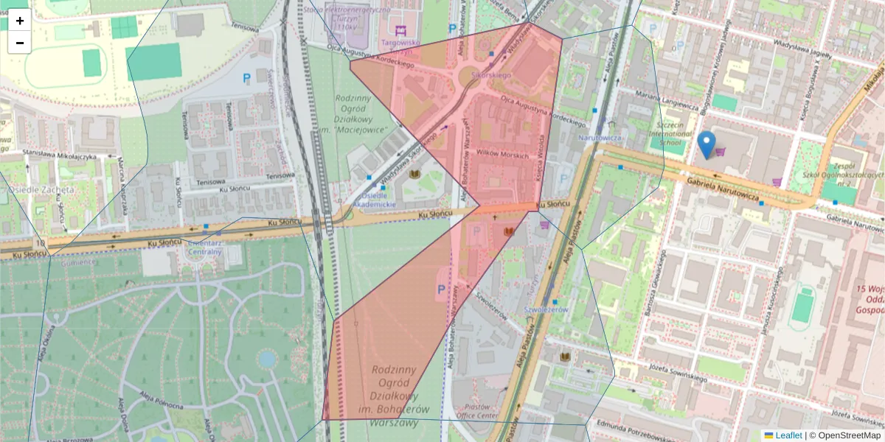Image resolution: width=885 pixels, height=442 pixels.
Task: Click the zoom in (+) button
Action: point(19,21)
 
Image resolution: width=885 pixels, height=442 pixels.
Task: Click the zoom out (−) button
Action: point(19,43)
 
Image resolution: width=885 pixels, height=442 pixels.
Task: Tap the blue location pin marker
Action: point(707,144)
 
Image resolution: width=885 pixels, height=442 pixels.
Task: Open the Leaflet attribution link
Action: point(788,435)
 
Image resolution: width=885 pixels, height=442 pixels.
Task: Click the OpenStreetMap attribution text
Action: point(850,435)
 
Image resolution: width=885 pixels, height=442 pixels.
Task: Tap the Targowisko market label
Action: point(400,43)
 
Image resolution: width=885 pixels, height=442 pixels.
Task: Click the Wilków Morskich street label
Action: point(504,155)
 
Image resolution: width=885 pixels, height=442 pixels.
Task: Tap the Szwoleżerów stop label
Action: point(545,310)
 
